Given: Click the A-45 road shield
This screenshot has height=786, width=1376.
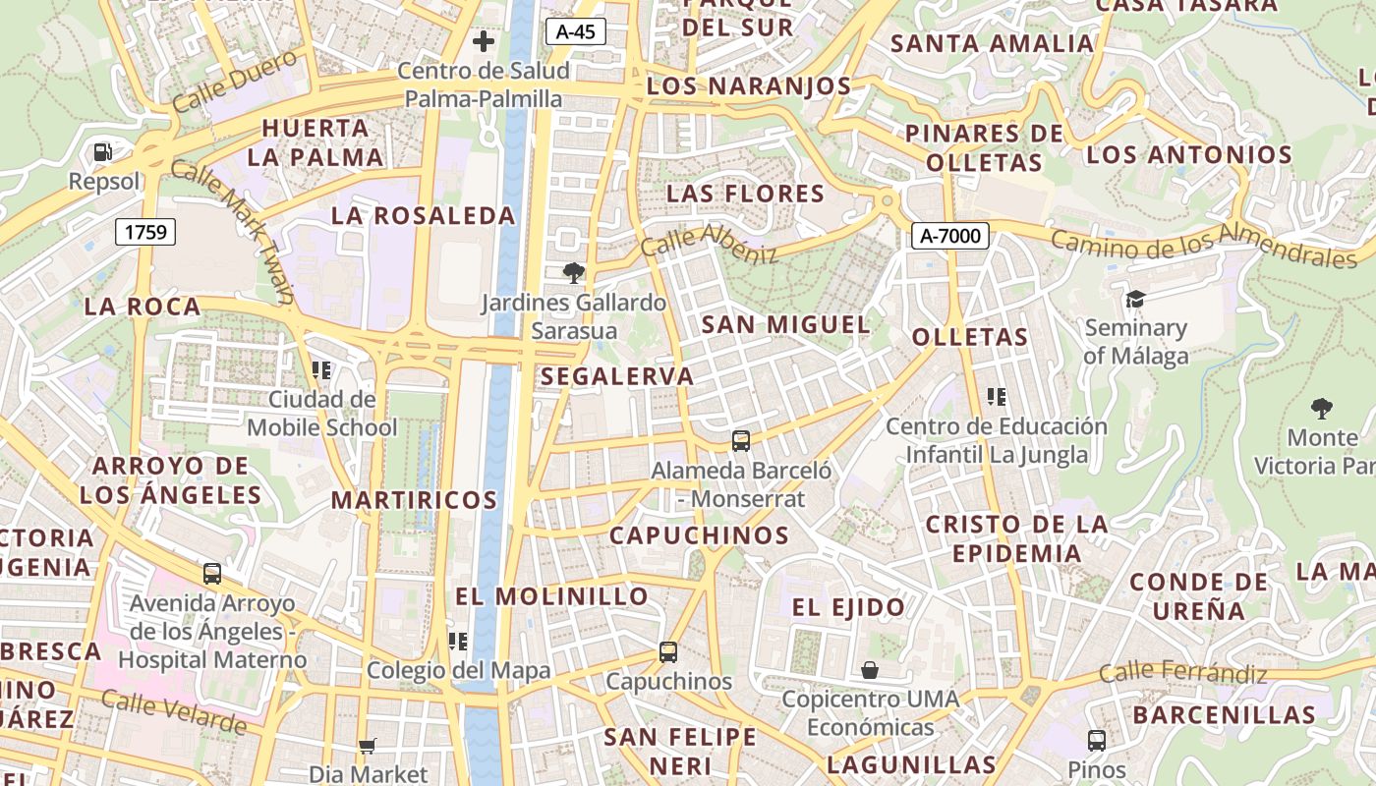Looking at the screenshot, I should click(x=575, y=31).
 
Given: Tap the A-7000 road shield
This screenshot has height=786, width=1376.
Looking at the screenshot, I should click(x=949, y=236).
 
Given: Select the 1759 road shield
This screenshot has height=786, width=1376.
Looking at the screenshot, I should click(x=145, y=232).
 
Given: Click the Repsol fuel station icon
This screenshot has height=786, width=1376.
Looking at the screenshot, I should click(x=103, y=152).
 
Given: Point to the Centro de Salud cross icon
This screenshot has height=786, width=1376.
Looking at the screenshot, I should click(x=483, y=41).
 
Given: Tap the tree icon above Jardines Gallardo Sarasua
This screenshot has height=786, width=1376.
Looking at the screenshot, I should click(x=574, y=272).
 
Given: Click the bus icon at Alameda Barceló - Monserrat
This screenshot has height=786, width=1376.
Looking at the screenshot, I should click(x=741, y=441).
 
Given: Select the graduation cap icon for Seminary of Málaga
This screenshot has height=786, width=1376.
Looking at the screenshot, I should click(x=1135, y=299).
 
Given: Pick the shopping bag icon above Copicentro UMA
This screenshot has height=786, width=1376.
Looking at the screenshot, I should click(x=870, y=670).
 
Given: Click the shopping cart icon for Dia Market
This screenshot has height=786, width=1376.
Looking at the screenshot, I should click(x=368, y=746).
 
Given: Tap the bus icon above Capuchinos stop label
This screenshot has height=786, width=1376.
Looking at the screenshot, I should click(x=668, y=651).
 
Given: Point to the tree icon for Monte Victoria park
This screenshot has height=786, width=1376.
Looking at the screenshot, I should click(x=1322, y=408).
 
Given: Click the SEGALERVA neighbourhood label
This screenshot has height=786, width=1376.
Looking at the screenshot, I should click(x=617, y=376).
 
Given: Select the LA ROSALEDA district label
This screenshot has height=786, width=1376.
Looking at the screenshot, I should click(x=423, y=216).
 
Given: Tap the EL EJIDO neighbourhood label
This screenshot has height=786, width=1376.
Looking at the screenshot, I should click(x=848, y=607).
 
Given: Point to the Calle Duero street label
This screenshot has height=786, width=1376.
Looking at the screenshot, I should click(x=235, y=81).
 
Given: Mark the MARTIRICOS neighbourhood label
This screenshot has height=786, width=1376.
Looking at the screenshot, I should click(x=414, y=499).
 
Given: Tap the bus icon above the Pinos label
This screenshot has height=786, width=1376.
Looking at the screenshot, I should click(x=1097, y=740).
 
